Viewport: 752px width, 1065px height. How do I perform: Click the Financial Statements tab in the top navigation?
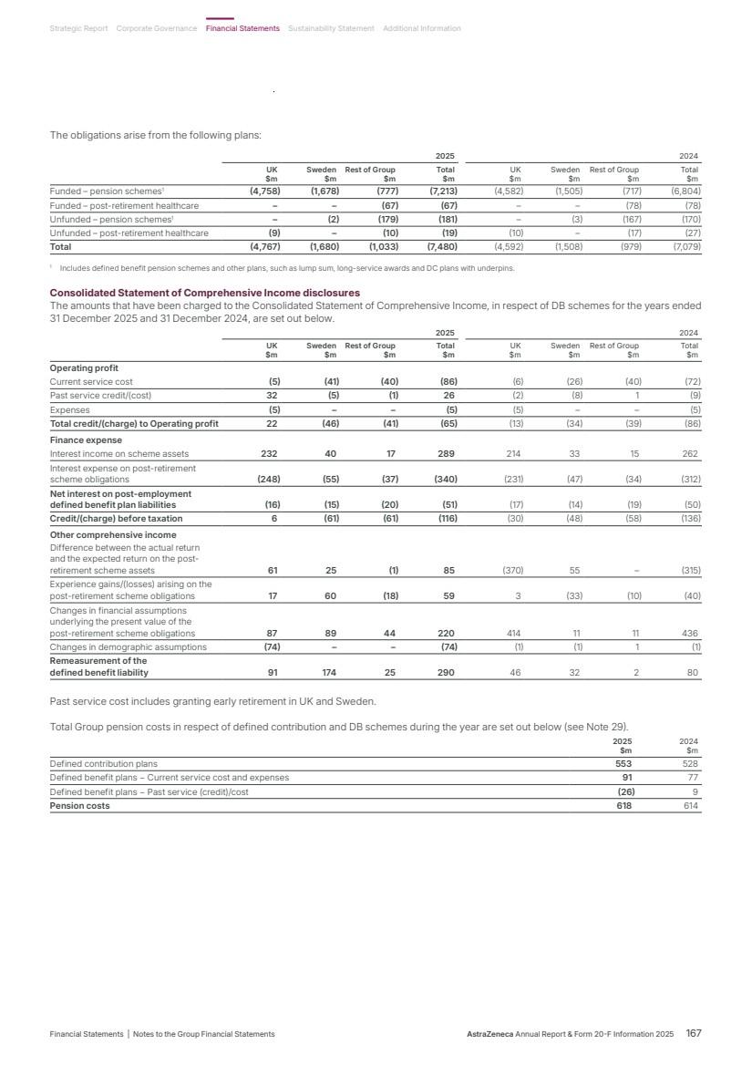[x=242, y=28]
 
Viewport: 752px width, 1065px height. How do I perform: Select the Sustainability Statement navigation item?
[x=331, y=28]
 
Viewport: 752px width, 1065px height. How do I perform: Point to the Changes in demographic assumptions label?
[x=128, y=647]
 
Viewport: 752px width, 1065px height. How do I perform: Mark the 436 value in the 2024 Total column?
[x=690, y=633]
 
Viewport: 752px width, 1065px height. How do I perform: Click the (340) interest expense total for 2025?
[x=443, y=479]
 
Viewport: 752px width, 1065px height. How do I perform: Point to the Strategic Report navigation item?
[x=78, y=28]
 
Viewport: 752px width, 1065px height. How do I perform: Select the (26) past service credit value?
[x=625, y=791]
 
